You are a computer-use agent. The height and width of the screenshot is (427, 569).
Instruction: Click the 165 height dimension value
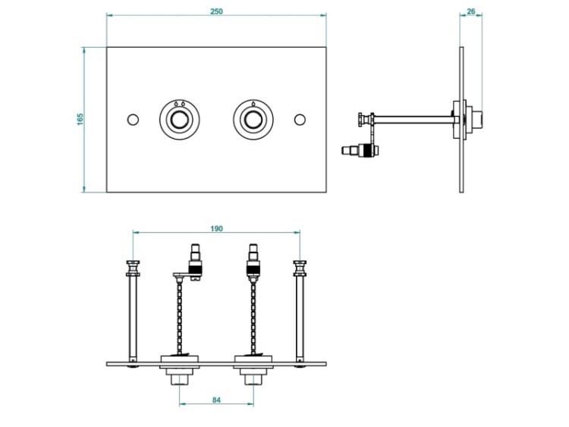point(80,120)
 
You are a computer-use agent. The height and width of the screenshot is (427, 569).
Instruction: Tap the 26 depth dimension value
point(471,10)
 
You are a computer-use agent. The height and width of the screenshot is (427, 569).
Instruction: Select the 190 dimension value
point(217,228)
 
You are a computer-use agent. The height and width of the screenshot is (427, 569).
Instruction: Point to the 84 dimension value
point(216,400)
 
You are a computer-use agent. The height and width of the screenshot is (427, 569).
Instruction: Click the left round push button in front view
point(179,120)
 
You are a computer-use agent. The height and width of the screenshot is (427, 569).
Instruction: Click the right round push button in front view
point(253,120)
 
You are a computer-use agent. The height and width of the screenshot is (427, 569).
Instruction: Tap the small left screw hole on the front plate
point(134,120)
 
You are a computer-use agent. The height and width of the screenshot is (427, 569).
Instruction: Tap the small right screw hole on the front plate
point(300,120)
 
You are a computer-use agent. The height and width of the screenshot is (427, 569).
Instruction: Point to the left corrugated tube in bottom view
point(181,315)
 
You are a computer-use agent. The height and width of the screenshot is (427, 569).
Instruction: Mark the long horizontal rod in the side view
point(413,117)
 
